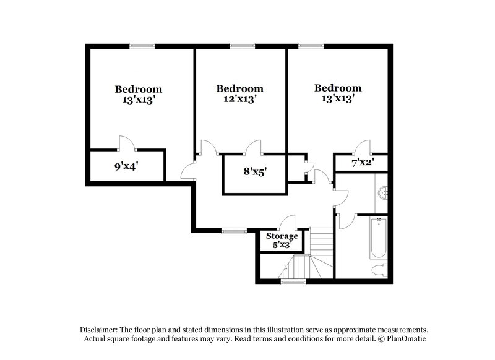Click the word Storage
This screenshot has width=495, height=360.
click(x=282, y=236)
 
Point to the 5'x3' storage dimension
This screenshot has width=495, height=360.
click(x=282, y=245)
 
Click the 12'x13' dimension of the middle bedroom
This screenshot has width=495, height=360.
click(x=240, y=98)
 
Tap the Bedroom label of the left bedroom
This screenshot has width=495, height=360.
click(x=138, y=89)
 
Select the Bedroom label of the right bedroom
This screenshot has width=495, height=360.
click(x=337, y=88)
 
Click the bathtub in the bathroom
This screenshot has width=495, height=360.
click(x=377, y=238)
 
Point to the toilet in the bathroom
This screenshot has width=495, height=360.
click(x=380, y=270)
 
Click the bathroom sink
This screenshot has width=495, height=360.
click(x=384, y=192)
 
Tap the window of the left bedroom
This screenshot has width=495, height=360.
click(x=142, y=45)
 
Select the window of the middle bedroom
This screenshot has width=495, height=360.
click(x=242, y=45)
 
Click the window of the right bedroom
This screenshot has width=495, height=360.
click(x=311, y=45)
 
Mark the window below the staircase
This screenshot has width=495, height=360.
click(x=293, y=281)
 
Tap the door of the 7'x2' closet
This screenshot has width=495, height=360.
click(x=362, y=147)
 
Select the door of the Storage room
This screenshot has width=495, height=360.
click(x=287, y=222)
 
